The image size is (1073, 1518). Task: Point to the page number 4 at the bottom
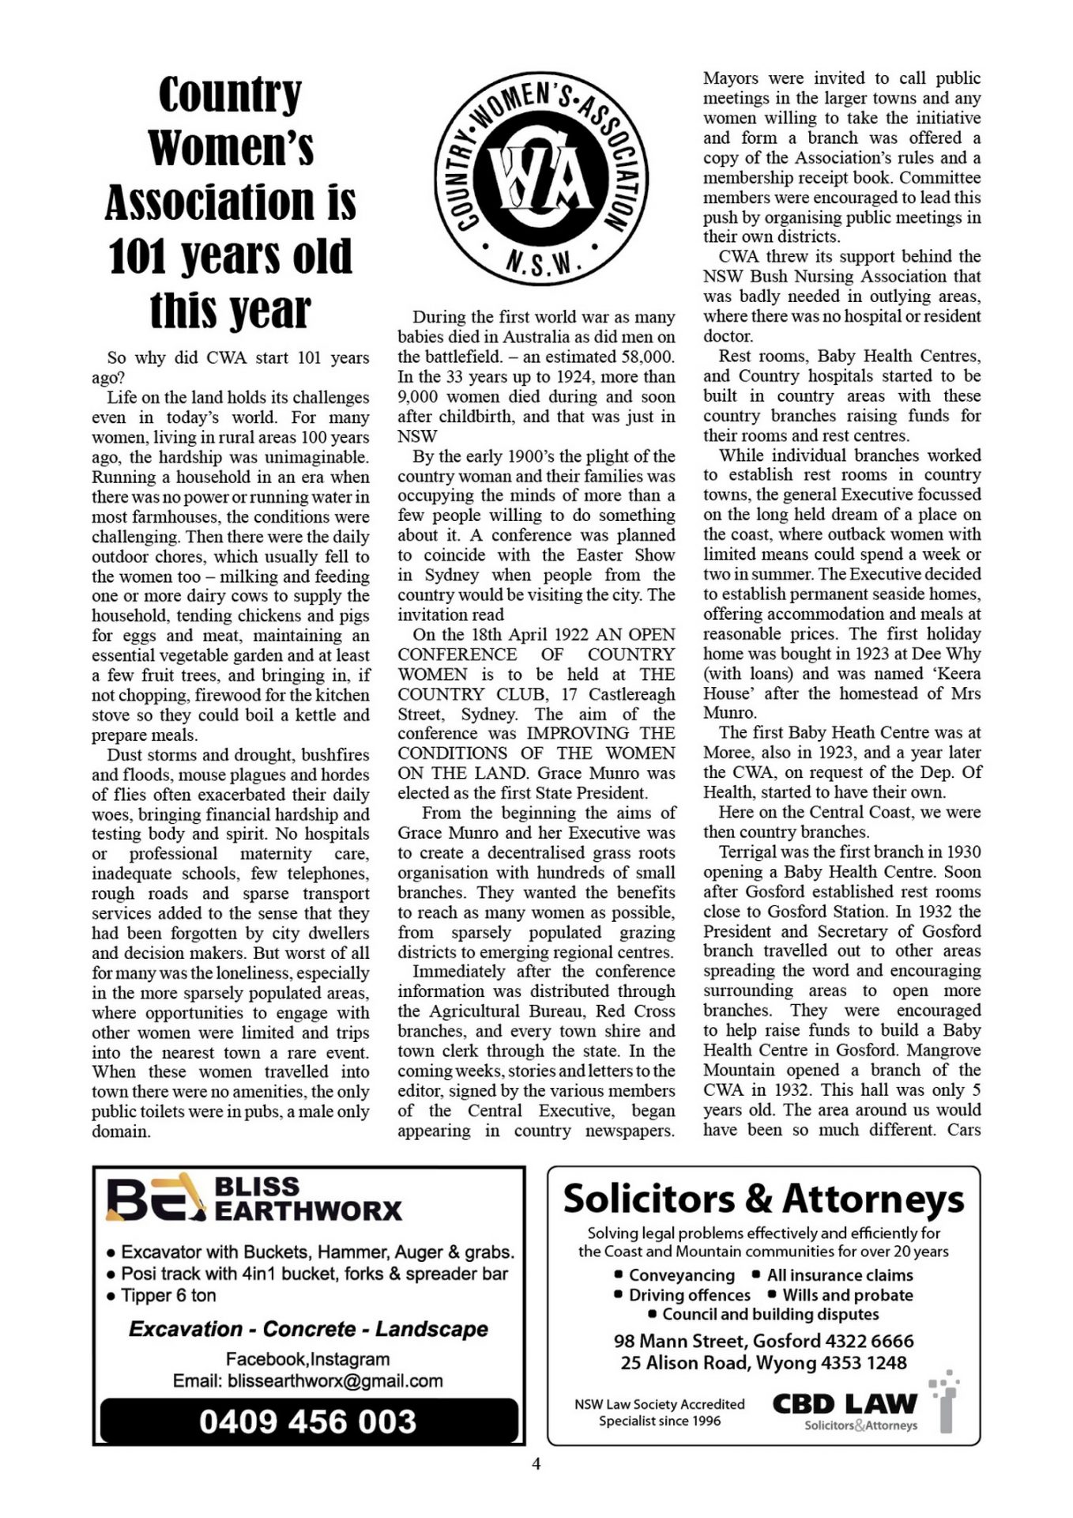tap(536, 1463)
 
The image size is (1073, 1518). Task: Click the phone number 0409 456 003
tap(308, 1422)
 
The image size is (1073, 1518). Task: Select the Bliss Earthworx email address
tap(335, 1381)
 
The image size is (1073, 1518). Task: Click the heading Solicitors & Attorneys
tap(763, 1199)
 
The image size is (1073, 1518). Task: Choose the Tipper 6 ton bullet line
tap(168, 1295)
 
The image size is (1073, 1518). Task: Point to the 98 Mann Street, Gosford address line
tap(706, 1341)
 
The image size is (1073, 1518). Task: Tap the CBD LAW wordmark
tap(844, 1403)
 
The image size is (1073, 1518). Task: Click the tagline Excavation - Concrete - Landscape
tap(308, 1329)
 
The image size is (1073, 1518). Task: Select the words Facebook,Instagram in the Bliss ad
tap(308, 1359)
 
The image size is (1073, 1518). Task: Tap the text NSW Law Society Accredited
tap(660, 1404)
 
